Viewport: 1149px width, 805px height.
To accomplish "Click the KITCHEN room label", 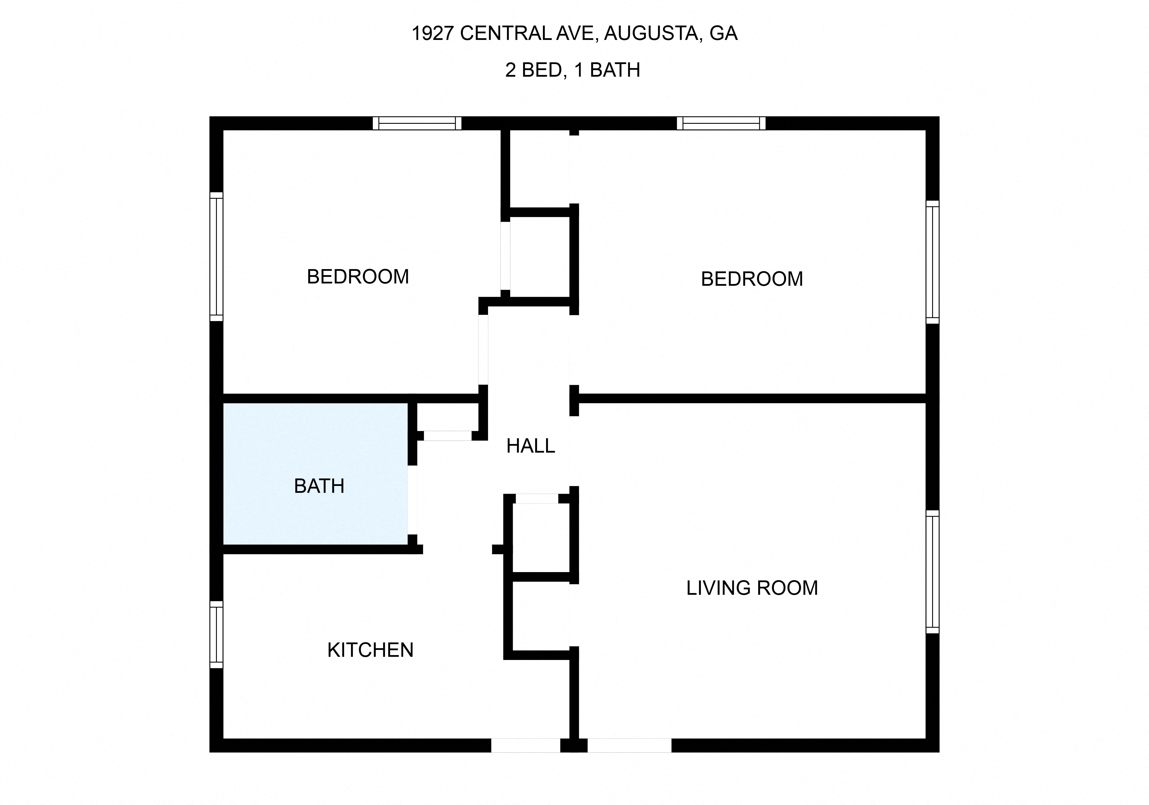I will [x=370, y=650].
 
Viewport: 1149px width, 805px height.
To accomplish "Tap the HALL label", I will [x=531, y=446].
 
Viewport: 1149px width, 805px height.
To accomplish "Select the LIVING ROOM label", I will [x=752, y=588].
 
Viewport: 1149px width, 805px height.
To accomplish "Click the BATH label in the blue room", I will [x=319, y=486].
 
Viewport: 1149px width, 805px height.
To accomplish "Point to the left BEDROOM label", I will [x=358, y=277].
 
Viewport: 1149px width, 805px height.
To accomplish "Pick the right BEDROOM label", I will [x=752, y=279].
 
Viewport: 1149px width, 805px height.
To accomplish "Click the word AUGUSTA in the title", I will [x=651, y=33].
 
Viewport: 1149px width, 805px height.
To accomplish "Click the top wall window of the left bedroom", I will [x=417, y=123].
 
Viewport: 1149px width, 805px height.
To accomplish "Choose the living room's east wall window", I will [x=932, y=572].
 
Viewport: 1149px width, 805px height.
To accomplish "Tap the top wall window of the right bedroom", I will [x=721, y=123].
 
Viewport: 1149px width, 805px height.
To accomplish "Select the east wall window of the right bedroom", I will [x=932, y=262].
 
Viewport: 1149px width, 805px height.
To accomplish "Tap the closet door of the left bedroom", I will [x=506, y=256].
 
